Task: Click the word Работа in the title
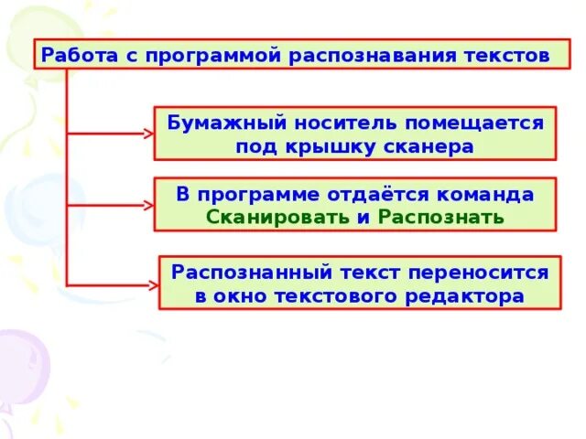pyautogui.click(x=71, y=55)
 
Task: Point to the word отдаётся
pyautogui.click(x=372, y=195)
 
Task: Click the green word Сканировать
pyautogui.click(x=277, y=219)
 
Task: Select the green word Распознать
pyautogui.click(x=441, y=219)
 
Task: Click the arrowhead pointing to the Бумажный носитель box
pyautogui.click(x=149, y=134)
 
